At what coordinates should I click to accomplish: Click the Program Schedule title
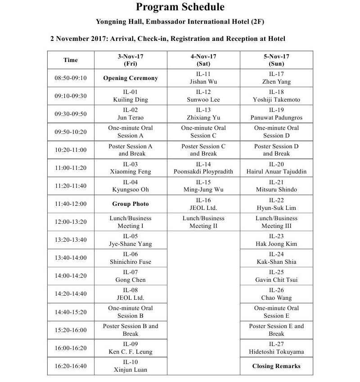[x=180, y=7]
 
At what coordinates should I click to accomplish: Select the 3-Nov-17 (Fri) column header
[x=130, y=60]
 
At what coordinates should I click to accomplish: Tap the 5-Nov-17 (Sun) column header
[x=276, y=60]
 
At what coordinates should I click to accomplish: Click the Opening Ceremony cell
[x=130, y=78]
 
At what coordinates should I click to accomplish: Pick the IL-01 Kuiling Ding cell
[x=130, y=96]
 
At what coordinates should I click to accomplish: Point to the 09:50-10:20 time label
[x=71, y=132]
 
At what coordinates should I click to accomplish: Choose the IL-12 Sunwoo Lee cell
[x=203, y=96]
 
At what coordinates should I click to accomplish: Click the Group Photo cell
[x=130, y=204]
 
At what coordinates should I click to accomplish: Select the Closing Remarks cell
[x=276, y=366]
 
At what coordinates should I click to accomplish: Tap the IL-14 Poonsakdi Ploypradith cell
[x=203, y=168]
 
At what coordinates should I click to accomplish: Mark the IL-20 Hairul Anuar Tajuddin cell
[x=276, y=168]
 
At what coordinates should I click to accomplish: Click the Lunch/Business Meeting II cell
[x=203, y=222]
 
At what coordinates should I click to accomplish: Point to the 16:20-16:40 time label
[x=71, y=366]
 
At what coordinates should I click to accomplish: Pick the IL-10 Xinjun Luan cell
[x=130, y=366]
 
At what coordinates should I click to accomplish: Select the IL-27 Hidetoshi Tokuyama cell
[x=276, y=348]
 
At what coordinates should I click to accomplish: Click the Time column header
[x=71, y=60]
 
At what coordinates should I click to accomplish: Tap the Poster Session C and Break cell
[x=203, y=150]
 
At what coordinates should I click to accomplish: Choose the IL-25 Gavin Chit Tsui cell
[x=276, y=276]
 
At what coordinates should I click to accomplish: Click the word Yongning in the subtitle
[x=112, y=22]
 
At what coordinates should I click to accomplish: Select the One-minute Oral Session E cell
[x=276, y=312]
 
